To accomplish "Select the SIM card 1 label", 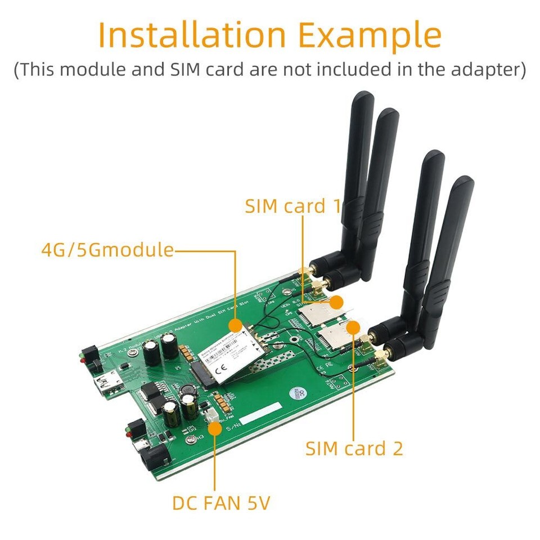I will pyautogui.click(x=293, y=206).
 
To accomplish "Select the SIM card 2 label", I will pyautogui.click(x=354, y=448).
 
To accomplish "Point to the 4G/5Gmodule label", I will pyautogui.click(x=107, y=250).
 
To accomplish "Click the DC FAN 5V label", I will pyautogui.click(x=221, y=503).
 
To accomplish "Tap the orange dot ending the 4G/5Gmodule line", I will pyautogui.click(x=236, y=326).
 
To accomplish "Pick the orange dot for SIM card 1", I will pyautogui.click(x=336, y=302).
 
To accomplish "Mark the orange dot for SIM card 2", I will pyautogui.click(x=354, y=326).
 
